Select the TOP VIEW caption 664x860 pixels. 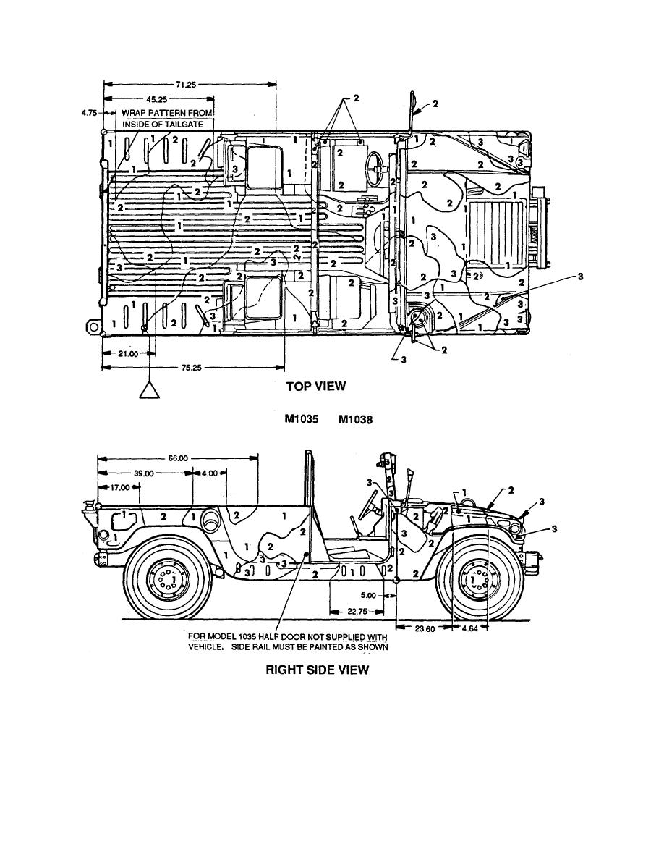click(x=316, y=386)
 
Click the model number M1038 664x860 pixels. click(x=356, y=418)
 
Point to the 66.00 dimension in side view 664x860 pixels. click(x=178, y=458)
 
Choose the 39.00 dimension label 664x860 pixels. click(x=145, y=473)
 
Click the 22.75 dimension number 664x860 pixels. click(x=354, y=611)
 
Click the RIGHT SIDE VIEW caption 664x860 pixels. click(x=317, y=670)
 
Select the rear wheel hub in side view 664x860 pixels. click(x=167, y=580)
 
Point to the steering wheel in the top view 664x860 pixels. click(x=375, y=169)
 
